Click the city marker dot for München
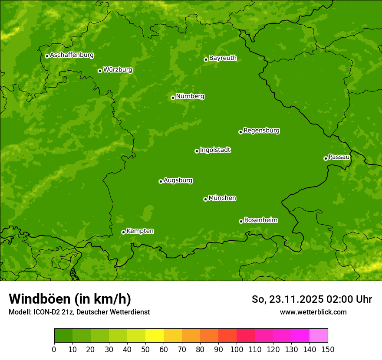click(x=205, y=199)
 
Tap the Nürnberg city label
click(x=190, y=96)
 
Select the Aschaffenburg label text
click(x=72, y=55)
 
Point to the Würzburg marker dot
click(x=100, y=71)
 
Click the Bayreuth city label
click(x=223, y=58)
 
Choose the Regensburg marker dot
click(x=240, y=132)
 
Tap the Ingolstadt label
click(x=215, y=150)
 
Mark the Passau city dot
click(x=326, y=158)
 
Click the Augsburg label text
click(x=178, y=180)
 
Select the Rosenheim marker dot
click(x=241, y=221)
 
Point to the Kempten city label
click(x=140, y=231)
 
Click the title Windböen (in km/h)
click(x=70, y=299)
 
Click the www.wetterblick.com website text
click(x=313, y=312)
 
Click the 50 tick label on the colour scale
click(x=145, y=349)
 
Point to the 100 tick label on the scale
click(x=237, y=349)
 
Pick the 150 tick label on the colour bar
click(x=328, y=349)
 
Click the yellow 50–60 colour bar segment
click(x=155, y=336)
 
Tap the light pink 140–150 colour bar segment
click(x=319, y=336)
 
